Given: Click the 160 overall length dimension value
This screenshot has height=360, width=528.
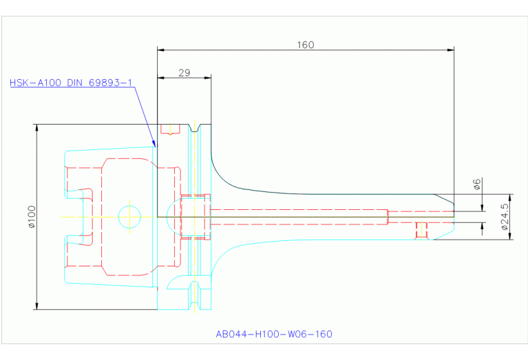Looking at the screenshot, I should [306, 45].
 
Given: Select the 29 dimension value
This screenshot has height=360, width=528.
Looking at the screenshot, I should [184, 72].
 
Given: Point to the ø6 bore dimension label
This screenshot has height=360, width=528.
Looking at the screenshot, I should [477, 184].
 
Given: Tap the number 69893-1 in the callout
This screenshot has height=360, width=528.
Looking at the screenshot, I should [109, 83].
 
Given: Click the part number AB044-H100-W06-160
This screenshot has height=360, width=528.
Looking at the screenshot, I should [274, 335].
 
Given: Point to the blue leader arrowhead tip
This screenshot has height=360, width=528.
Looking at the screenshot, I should [156, 147].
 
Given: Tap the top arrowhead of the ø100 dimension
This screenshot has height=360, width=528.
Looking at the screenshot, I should [36, 127].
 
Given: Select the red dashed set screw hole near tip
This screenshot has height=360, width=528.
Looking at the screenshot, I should [421, 230].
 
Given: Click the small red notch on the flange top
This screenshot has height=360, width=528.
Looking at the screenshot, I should [169, 129].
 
